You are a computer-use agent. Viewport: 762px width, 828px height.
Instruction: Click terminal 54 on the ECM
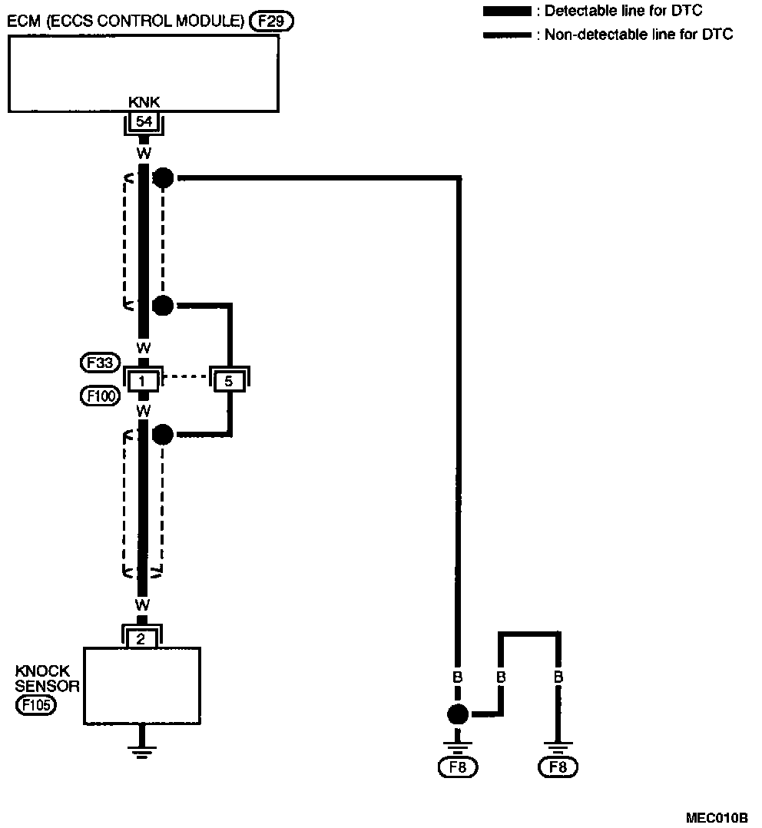coord(142,121)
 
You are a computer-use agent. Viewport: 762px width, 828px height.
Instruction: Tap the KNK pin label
coord(142,101)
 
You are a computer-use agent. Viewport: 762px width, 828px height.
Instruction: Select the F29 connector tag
coord(272,22)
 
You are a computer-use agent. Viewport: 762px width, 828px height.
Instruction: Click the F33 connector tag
coord(99,361)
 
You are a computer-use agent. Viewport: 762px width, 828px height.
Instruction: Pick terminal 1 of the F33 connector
coord(142,379)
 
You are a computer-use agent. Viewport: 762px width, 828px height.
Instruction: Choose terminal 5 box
coord(228,379)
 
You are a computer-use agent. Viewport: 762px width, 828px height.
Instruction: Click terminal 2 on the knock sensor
coord(142,637)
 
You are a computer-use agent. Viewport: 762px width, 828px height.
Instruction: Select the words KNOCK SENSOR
coord(46,678)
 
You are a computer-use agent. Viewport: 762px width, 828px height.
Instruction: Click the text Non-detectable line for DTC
coord(638,35)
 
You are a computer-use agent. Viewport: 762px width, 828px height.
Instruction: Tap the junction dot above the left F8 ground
coord(457,715)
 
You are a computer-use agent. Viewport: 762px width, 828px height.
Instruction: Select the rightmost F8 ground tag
coord(558,767)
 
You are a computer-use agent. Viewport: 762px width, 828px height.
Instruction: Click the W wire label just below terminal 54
coord(142,154)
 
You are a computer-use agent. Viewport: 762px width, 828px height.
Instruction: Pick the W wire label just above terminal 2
coord(142,604)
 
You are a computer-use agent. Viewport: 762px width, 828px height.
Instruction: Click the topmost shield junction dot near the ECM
coord(163,178)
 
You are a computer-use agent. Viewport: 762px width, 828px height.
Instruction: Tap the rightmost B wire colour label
coord(558,677)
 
